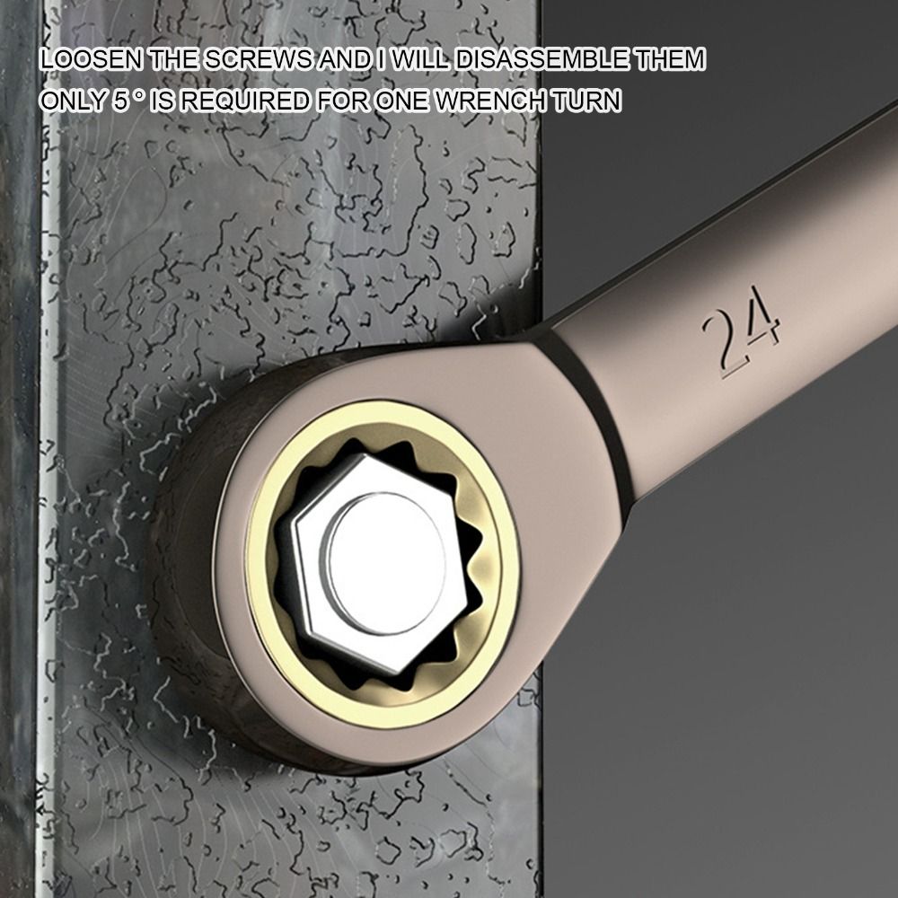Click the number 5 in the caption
[x=121, y=101]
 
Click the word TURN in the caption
[x=586, y=101]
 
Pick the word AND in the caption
[x=341, y=61]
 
